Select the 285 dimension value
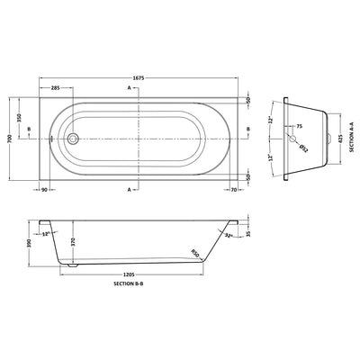tap(56, 88)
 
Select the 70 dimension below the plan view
tap(232, 191)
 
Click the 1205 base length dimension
tap(134, 274)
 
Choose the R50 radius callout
tap(193, 253)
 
